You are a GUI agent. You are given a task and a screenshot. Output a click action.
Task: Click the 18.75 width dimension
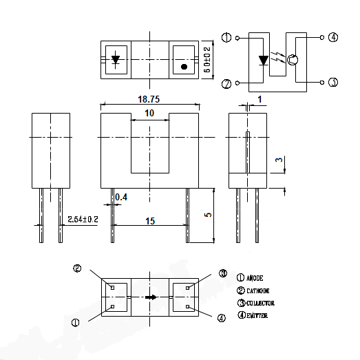coord(149,99)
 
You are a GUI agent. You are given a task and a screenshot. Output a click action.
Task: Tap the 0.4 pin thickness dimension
coord(120,198)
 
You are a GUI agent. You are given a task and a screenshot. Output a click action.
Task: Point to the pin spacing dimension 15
coord(149,220)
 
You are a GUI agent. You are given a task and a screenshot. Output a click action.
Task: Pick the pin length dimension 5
coord(207,215)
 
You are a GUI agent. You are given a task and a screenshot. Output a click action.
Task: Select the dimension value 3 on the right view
coord(278,160)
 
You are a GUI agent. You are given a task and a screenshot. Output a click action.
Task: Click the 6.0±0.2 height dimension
coord(207,59)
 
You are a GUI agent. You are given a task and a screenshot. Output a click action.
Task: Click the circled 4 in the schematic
coord(333,37)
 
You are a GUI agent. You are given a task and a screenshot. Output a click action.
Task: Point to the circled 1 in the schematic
coord(226,37)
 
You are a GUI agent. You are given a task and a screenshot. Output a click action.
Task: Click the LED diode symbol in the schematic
coord(262,61)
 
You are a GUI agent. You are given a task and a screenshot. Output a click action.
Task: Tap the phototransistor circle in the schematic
coord(293,60)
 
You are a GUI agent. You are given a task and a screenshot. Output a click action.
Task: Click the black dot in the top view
coord(184,67)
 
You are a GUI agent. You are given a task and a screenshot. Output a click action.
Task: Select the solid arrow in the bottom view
coord(151,297)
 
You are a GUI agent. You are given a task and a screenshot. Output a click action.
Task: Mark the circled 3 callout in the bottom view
coord(222,273)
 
